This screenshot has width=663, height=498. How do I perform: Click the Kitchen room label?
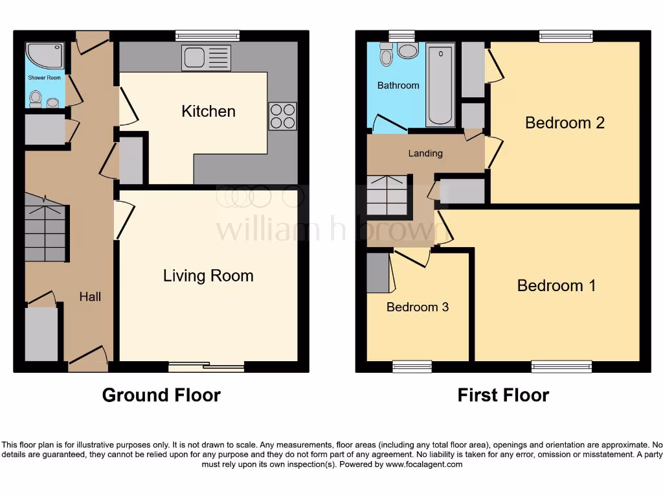(x=208, y=111)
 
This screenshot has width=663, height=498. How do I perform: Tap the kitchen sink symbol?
(x=206, y=58)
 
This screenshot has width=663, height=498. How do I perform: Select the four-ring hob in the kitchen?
(x=283, y=116)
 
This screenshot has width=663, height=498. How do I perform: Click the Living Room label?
(x=208, y=276)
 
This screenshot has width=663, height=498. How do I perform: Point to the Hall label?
(x=90, y=296)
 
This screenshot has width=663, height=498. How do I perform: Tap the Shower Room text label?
(x=45, y=78)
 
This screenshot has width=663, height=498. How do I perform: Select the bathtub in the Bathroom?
(x=440, y=84)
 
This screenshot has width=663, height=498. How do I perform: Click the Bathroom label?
(x=398, y=85)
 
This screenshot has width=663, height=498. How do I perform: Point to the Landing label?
(x=425, y=153)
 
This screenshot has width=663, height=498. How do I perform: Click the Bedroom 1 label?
(x=556, y=285)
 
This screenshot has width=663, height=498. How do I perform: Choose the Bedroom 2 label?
(x=565, y=123)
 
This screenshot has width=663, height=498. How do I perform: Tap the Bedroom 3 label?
(x=418, y=307)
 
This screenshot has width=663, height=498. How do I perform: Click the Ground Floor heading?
(x=161, y=395)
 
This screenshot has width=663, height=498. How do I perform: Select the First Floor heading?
(x=503, y=395)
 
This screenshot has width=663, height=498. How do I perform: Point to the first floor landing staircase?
(x=387, y=195)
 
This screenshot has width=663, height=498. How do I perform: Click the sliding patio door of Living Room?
(x=206, y=367)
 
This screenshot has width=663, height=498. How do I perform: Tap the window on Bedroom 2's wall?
(x=566, y=36)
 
